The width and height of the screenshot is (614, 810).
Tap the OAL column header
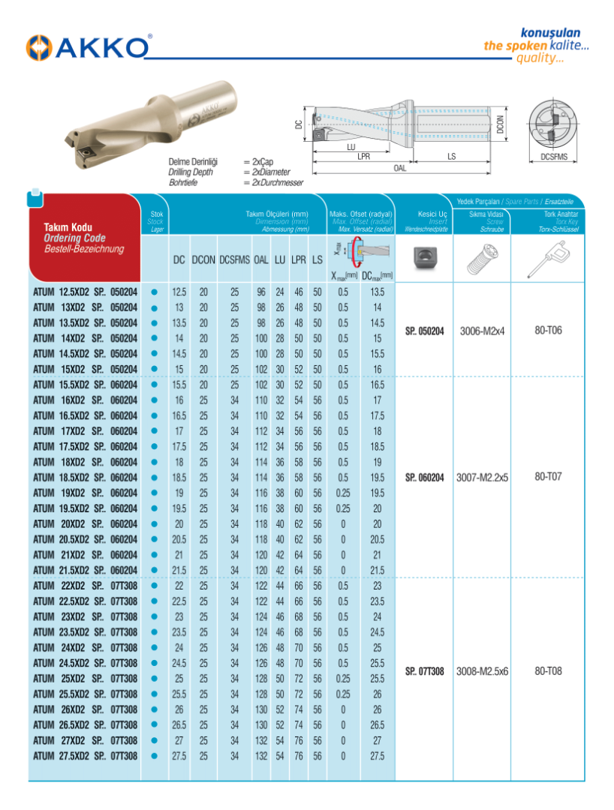260,259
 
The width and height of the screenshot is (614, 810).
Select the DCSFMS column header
234,259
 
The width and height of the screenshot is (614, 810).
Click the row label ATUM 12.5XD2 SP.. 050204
86,291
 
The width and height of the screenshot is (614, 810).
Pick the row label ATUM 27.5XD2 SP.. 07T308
86,756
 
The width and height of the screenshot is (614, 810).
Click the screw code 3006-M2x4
482,330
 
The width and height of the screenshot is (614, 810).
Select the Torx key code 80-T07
548,476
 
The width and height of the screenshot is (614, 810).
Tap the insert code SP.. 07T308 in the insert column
424,671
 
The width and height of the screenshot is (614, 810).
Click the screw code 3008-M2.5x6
482,671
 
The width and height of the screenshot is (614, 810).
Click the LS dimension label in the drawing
451,157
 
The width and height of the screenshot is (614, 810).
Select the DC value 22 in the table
179,586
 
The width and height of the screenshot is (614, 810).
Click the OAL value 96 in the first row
260,291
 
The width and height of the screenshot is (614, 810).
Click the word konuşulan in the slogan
550,33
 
